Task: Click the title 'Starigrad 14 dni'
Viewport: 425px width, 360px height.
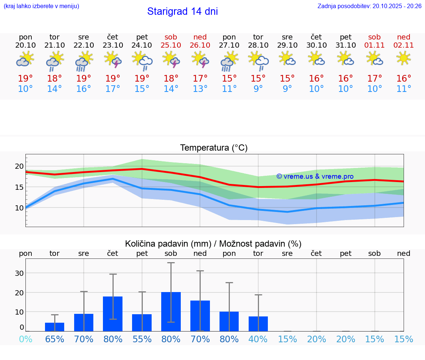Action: (182, 11)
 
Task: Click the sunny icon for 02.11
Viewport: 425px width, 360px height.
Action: (404, 58)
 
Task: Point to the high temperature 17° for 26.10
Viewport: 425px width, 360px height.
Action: (200, 78)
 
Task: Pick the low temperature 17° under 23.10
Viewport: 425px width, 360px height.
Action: (113, 89)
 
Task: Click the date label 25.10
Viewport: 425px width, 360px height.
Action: (171, 45)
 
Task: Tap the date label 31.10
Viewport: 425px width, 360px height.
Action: (346, 45)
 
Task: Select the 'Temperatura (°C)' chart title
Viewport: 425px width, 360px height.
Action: (214, 148)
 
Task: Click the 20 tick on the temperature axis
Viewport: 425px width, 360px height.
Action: (19, 166)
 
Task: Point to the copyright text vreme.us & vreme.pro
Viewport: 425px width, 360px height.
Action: (315, 176)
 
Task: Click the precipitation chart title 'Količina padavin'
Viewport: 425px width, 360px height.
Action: (213, 244)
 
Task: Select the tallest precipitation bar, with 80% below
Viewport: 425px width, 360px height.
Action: (171, 312)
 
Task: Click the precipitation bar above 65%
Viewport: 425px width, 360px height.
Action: (55, 327)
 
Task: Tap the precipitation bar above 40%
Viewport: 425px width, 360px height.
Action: (258, 324)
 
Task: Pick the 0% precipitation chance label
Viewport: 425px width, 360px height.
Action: (25, 339)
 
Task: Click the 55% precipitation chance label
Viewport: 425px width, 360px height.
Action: (142, 339)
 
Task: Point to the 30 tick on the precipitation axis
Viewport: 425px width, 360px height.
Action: (19, 273)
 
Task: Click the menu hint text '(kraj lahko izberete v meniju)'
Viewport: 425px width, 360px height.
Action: (41, 6)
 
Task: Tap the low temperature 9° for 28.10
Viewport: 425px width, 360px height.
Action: (258, 89)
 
